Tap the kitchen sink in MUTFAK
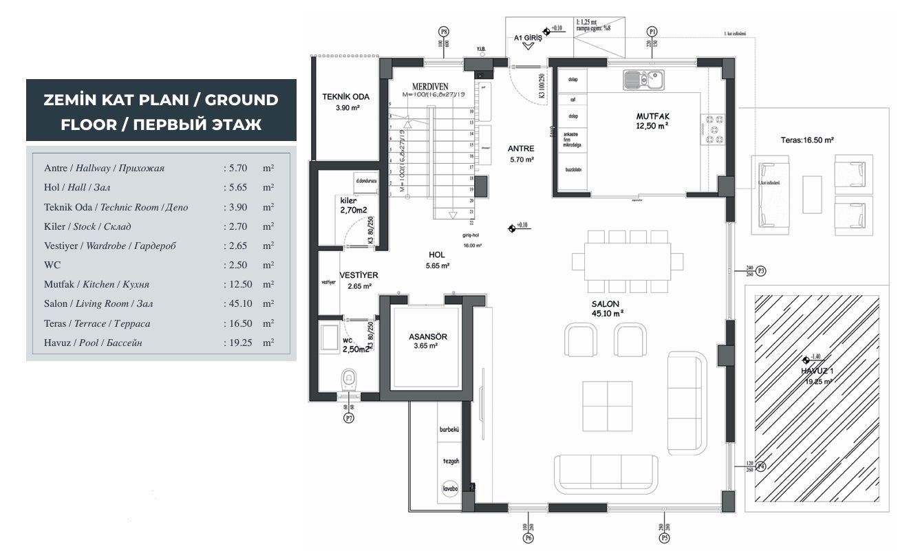click(642, 80)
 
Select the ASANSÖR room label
click(428, 336)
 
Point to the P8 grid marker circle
click(444, 32)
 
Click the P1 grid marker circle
click(652, 32)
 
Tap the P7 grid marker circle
click(349, 418)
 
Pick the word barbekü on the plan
click(449, 429)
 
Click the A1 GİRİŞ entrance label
click(528, 39)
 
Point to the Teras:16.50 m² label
click(807, 140)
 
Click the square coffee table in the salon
click(607, 404)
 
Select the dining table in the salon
click(628, 261)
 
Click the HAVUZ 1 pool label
click(817, 371)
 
